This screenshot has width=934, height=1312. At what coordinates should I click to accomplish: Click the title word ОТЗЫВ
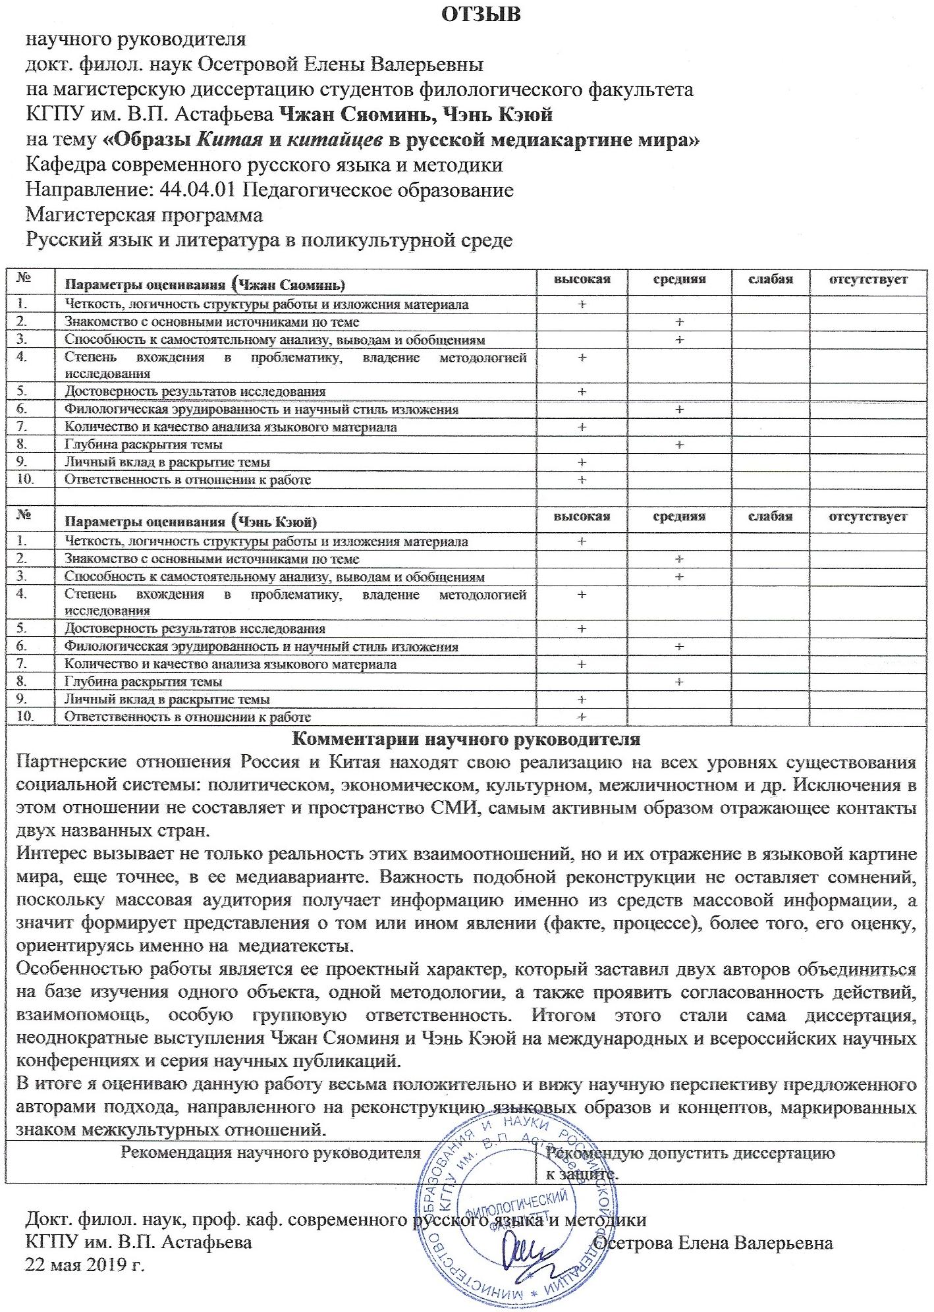tap(480, 14)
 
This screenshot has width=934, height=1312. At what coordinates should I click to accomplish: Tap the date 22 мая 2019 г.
tap(84, 1265)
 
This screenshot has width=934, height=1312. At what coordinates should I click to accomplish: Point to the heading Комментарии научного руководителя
tap(466, 738)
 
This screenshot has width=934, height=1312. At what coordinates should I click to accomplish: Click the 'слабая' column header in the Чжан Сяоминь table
tap(770, 279)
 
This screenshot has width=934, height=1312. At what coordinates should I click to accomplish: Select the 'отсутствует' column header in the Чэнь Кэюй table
tap(867, 516)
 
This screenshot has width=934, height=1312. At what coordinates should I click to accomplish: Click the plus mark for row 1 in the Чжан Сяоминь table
tap(582, 304)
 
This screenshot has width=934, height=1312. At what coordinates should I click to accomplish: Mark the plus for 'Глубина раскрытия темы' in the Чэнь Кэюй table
tap(679, 682)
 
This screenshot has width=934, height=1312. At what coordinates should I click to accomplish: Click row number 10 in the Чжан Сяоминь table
tap(25, 479)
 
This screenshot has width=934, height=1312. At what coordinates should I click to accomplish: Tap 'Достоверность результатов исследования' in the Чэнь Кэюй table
tap(195, 629)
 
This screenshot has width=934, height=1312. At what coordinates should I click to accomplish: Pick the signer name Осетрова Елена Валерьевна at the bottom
tap(713, 1243)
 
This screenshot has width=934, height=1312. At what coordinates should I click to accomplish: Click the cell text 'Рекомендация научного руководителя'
tap(270, 1153)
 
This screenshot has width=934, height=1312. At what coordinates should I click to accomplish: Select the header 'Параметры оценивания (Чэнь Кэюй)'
tap(191, 522)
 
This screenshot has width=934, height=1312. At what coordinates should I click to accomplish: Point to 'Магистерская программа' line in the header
tap(144, 215)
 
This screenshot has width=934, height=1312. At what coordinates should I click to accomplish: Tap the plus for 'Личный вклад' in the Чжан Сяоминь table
tap(582, 462)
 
